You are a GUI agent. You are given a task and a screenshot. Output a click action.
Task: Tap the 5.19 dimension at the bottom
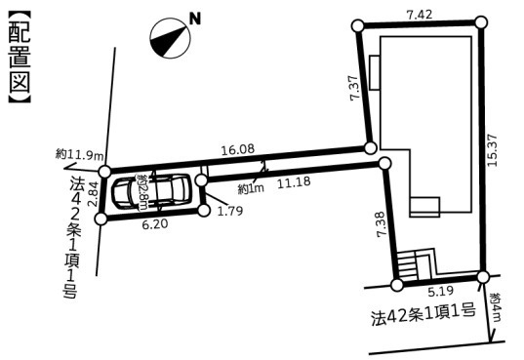click(x=439, y=291)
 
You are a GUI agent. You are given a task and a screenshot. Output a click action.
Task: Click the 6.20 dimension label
click(x=156, y=224)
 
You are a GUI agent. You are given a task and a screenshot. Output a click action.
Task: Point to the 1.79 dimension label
click(x=230, y=210)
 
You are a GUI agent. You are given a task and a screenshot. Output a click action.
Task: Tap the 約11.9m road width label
click(x=77, y=154)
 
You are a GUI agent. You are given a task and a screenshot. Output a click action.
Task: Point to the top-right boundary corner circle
click(x=480, y=21)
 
